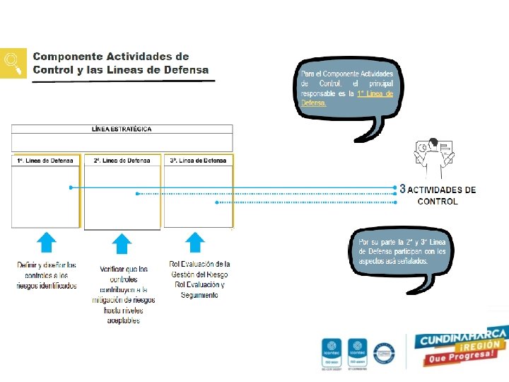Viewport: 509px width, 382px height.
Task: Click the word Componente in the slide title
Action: point(67,56)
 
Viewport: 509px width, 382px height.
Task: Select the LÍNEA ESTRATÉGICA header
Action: point(122,129)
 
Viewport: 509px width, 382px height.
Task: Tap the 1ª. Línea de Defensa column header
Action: point(45,161)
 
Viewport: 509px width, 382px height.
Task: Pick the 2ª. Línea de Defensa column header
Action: point(122,161)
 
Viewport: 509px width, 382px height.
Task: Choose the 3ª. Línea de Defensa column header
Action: point(198,161)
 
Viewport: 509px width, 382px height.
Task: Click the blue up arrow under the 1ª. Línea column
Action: point(46,243)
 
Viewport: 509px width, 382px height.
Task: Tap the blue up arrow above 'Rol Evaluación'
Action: point(194,243)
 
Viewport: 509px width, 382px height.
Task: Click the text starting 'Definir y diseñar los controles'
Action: point(47,275)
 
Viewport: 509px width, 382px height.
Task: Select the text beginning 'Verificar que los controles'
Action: point(123,294)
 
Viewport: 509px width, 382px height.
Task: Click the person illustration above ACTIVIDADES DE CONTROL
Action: point(432,159)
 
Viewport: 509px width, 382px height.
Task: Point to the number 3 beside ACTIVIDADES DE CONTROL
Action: point(402,190)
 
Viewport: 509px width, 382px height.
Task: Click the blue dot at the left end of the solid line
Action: point(71,188)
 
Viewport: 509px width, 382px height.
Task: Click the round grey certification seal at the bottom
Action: point(384,351)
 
